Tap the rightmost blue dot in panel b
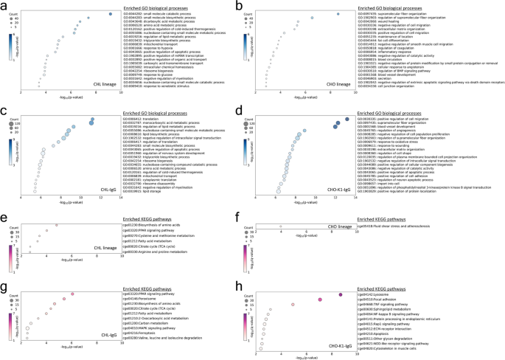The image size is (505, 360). click(338, 14)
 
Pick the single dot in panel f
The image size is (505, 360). click(280, 225)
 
